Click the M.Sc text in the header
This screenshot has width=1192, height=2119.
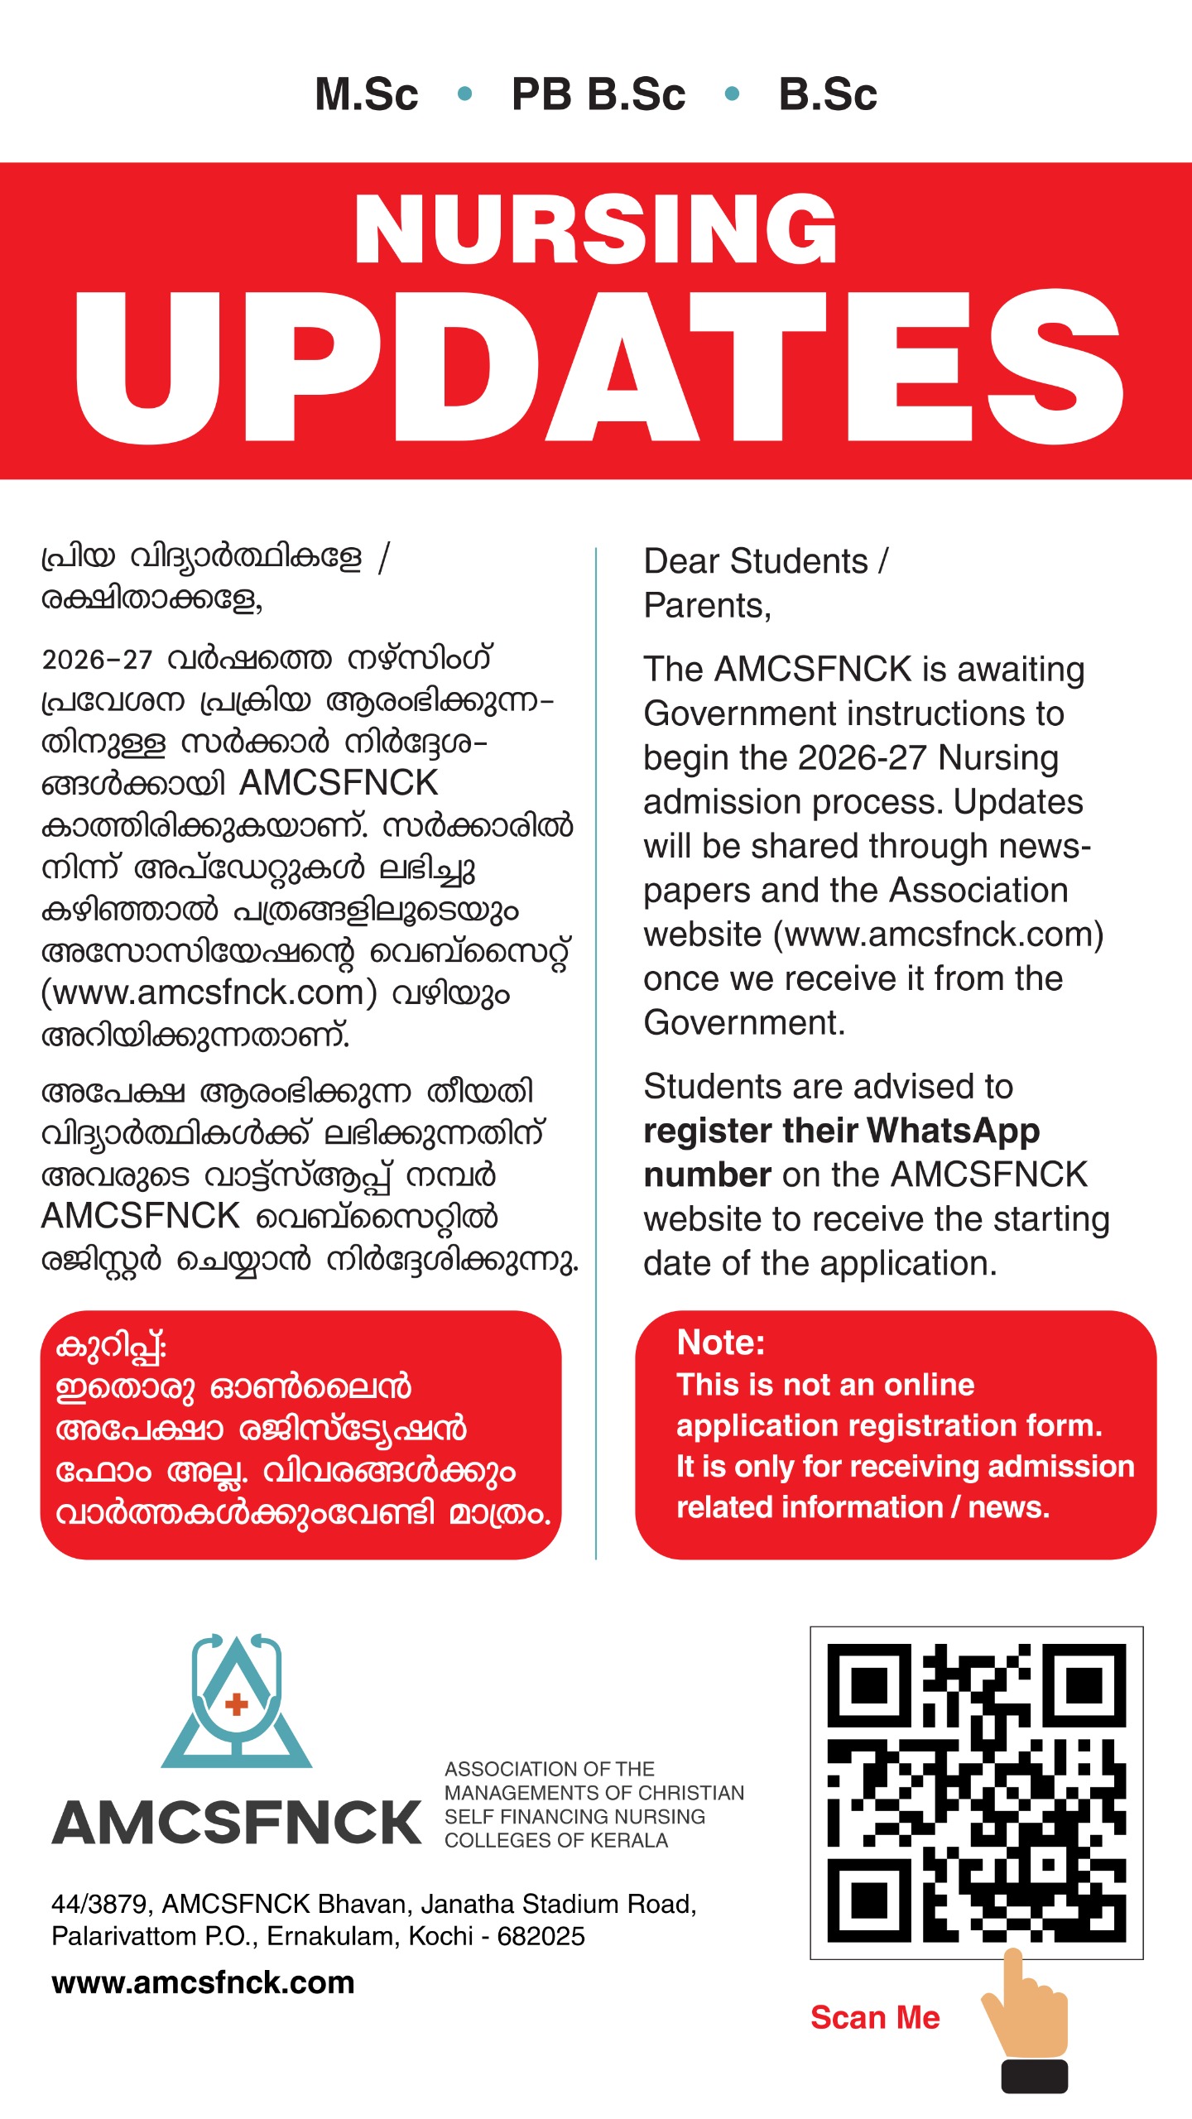[x=367, y=94]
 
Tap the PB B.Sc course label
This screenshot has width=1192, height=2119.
[x=598, y=94]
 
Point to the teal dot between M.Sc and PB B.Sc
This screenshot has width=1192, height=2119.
[x=464, y=94]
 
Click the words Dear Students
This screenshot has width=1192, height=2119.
[x=756, y=561]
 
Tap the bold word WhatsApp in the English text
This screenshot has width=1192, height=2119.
[x=953, y=1131]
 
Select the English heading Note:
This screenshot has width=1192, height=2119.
[x=720, y=1343]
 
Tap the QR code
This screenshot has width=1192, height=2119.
[x=976, y=1793]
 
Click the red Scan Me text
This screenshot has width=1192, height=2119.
[x=875, y=2018]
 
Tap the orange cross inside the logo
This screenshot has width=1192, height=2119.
[x=237, y=1703]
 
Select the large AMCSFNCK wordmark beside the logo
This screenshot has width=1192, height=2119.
[x=238, y=1823]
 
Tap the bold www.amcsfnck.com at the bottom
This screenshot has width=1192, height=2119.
[x=203, y=1983]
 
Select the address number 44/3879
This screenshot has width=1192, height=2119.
[x=100, y=1905]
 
